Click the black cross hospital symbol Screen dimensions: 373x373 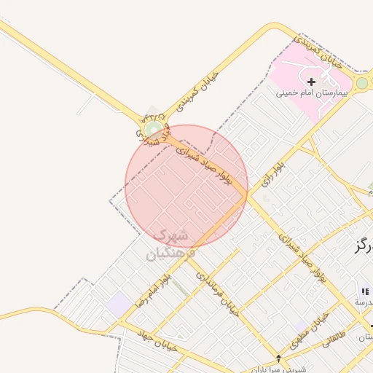tap(312, 82)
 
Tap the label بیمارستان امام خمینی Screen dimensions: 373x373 tap(312, 93)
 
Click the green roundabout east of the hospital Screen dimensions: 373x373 tap(361, 83)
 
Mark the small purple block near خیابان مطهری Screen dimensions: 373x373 tap(300, 326)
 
